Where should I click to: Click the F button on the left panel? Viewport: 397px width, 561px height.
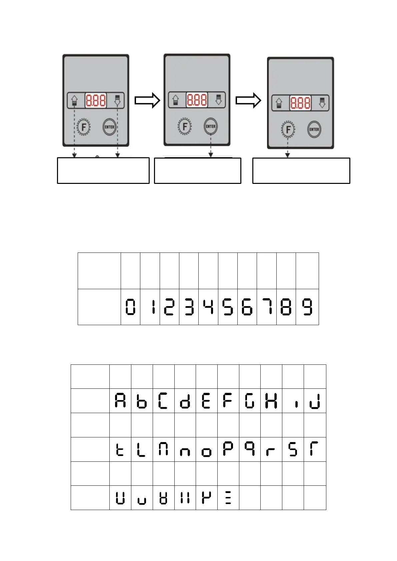84,127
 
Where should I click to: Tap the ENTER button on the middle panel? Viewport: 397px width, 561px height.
210,126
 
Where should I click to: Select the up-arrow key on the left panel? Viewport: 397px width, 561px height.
74,100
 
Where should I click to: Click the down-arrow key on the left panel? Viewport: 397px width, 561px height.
117,100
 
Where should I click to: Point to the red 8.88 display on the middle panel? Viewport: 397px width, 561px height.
197,100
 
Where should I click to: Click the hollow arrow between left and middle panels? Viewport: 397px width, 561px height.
147,100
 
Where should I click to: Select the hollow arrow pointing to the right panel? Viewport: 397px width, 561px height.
248,100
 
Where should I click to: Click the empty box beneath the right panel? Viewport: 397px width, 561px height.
301,171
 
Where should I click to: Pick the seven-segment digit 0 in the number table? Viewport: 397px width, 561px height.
130,307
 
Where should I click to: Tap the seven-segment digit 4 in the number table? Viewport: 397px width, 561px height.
208,307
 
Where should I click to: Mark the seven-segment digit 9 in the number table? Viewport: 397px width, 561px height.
307,307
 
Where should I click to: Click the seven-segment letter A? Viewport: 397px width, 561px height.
120,400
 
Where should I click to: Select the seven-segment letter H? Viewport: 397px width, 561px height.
271,400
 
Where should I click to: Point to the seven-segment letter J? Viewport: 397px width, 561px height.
315,401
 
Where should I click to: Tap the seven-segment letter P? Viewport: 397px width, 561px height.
228,449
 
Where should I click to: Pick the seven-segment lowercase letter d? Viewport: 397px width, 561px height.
185,401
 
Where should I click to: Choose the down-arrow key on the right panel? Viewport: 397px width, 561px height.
322,103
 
